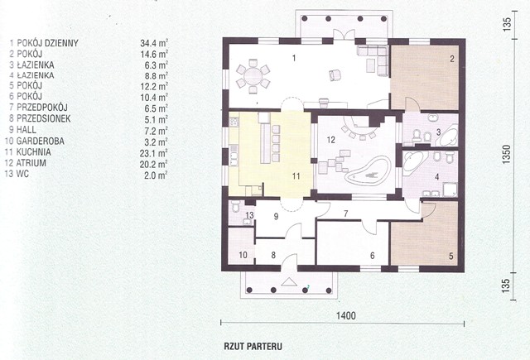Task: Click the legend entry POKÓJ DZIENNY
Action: tap(48, 43)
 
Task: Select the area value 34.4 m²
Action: tap(154, 43)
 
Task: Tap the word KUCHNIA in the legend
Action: tap(34, 152)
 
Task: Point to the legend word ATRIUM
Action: tap(31, 163)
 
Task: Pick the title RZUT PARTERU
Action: tap(253, 347)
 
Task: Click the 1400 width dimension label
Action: tap(346, 316)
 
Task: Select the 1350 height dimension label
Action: tap(506, 155)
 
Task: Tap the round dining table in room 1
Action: tap(253, 76)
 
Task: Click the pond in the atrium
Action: tap(367, 172)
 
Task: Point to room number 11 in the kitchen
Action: tap(296, 176)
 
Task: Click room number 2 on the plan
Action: tap(452, 59)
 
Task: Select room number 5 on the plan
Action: tap(450, 256)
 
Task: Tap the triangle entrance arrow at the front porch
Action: tap(289, 281)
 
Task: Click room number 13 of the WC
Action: tap(249, 215)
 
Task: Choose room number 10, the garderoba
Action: tap(243, 255)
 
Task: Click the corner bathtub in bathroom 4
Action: tap(414, 161)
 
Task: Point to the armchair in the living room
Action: tap(335, 74)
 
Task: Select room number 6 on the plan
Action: tap(372, 256)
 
